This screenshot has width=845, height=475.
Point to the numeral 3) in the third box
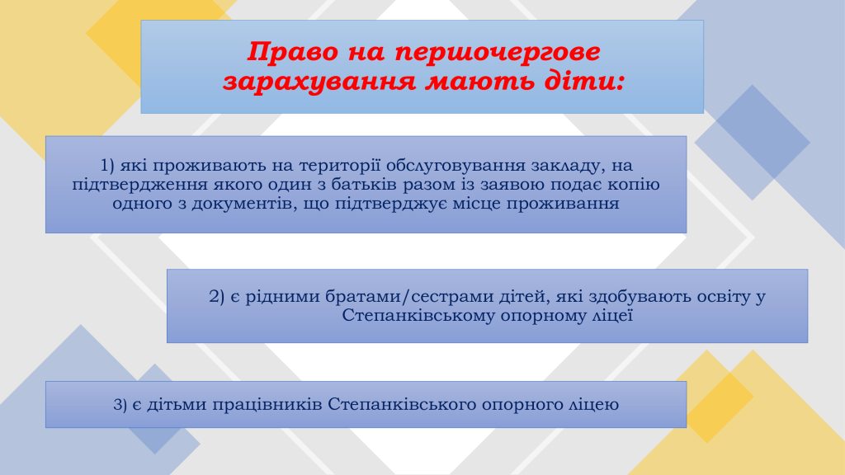tap(120, 406)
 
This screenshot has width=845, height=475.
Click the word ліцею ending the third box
tap(594, 406)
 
